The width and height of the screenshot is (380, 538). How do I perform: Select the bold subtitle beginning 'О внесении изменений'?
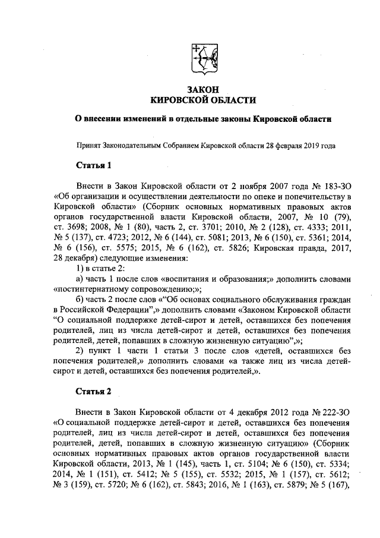[x=206, y=119]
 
